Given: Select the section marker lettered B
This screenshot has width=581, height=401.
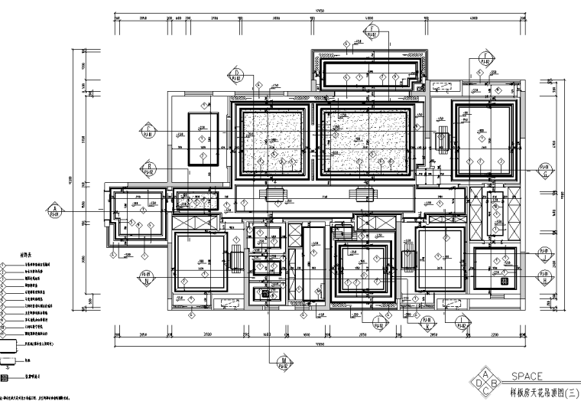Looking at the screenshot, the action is coord(150,168).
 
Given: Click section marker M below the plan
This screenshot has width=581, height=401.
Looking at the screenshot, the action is coord(284,361).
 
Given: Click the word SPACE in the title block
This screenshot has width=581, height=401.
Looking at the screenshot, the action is coord(527,377).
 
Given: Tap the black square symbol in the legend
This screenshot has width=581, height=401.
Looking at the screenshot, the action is coord(6,377).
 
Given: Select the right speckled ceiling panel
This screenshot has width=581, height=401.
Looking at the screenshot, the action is coord(365,142).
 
